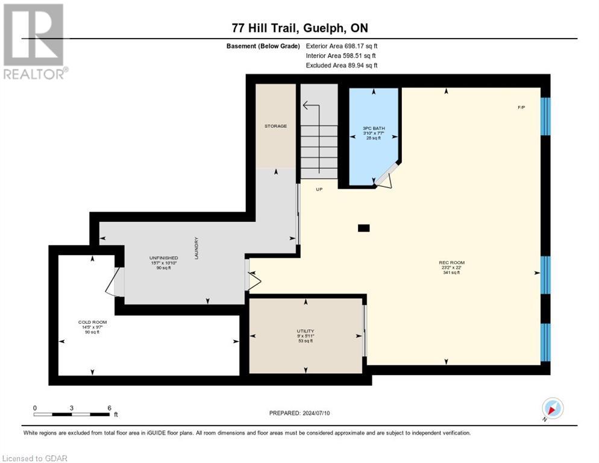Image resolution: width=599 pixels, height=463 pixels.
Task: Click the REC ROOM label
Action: tap(451, 263)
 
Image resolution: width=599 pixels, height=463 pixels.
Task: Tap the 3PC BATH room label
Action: tap(374, 128)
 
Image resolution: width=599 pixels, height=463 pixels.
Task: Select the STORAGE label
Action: tap(276, 126)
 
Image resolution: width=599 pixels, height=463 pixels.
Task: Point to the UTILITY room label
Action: tap(306, 331)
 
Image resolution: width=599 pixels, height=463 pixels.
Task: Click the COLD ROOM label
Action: tap(92, 323)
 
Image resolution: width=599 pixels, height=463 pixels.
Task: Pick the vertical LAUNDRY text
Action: tap(196, 248)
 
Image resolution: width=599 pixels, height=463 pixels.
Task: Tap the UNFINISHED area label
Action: tap(164, 258)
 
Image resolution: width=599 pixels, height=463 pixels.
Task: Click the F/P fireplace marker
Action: tap(521, 107)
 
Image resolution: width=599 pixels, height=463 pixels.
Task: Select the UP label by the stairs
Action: tap(319, 189)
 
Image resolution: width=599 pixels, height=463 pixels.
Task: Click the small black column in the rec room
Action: tap(364, 228)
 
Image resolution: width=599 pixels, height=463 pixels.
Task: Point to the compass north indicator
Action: tap(553, 409)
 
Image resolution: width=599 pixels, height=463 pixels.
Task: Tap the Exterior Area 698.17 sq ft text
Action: tap(342, 46)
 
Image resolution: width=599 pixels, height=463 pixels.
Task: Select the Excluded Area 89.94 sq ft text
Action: tap(342, 65)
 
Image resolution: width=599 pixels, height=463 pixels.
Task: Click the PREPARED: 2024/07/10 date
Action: tap(299, 414)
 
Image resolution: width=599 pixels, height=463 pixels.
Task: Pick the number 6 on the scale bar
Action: tap(109, 408)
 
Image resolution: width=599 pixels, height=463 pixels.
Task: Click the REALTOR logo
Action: tap(35, 42)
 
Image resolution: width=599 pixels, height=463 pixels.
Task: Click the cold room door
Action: tap(114, 281)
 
